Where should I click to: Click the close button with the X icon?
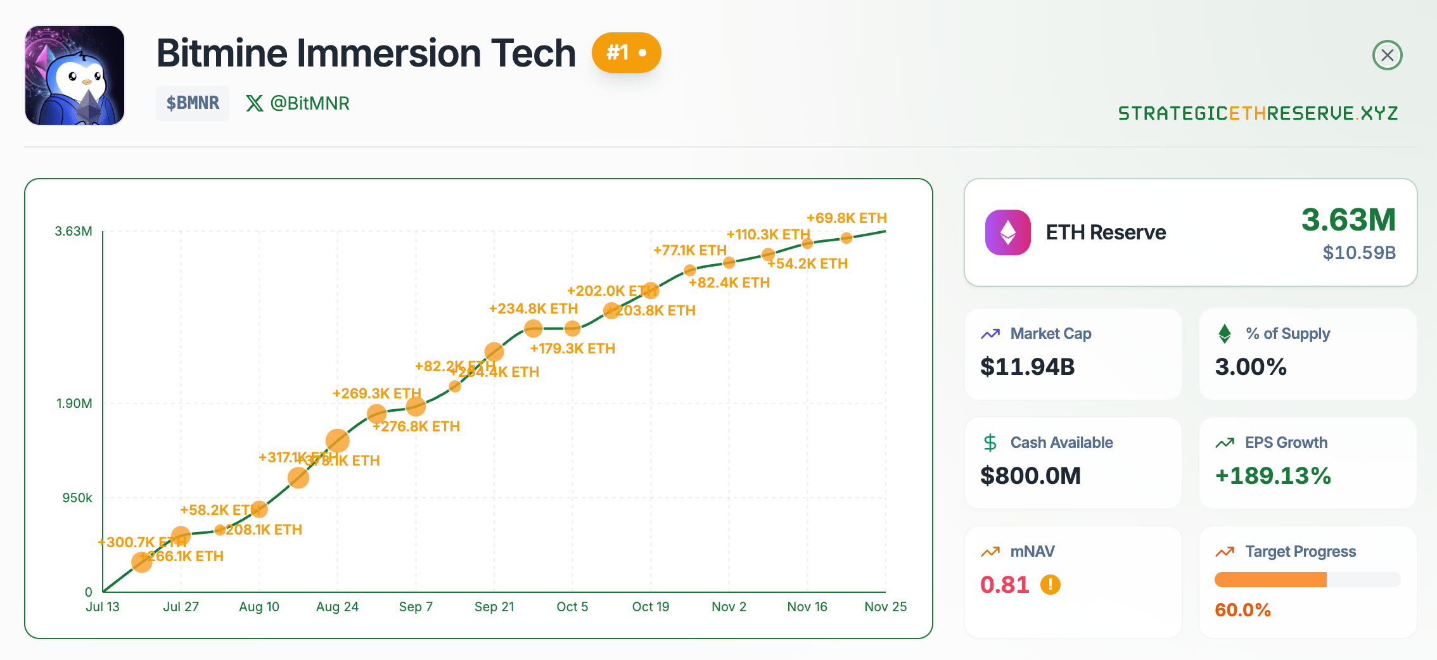point(1387,55)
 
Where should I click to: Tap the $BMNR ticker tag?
point(193,103)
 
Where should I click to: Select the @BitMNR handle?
point(298,103)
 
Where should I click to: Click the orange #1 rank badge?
point(626,53)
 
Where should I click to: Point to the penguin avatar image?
point(75,75)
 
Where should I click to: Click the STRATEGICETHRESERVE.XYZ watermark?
point(1258,113)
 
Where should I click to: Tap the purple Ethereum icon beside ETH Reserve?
point(1007,232)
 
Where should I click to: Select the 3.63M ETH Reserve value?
point(1348,220)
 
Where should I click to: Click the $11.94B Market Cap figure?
point(1027,367)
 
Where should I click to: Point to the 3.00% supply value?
point(1251,367)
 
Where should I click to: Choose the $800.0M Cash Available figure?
point(1030,476)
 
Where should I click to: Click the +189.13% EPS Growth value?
point(1273,476)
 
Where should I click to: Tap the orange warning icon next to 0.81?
point(1050,584)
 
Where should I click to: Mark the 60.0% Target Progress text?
point(1242,610)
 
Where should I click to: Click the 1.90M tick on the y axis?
point(74,403)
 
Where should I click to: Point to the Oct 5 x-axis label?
point(572,607)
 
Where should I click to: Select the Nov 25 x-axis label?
point(885,607)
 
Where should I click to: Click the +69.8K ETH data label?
point(846,218)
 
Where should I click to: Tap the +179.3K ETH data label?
point(573,348)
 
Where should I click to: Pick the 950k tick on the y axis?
point(77,498)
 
